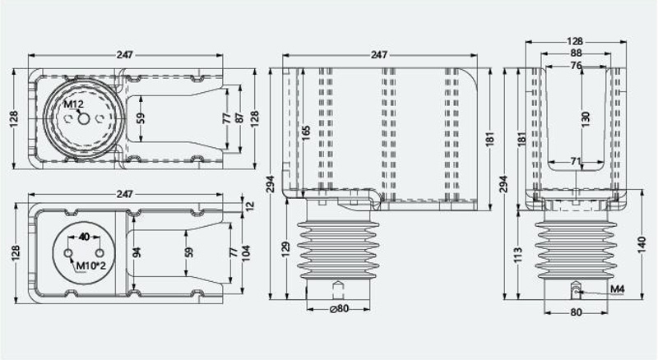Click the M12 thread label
(74, 104)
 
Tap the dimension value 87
(239, 118)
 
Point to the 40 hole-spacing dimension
(84, 237)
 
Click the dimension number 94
(137, 252)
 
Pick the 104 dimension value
(246, 253)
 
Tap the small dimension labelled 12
(249, 206)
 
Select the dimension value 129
(285, 249)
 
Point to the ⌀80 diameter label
(340, 308)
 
